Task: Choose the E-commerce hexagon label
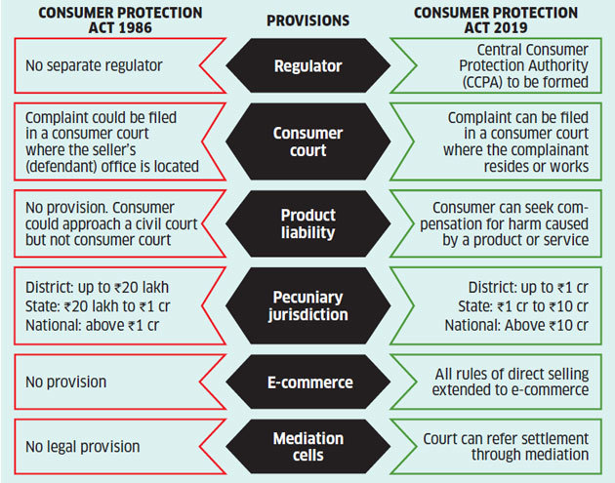pos(307,382)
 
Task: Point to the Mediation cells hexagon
pos(307,446)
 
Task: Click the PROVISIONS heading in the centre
pos(307,20)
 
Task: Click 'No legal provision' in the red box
pos(72,447)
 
